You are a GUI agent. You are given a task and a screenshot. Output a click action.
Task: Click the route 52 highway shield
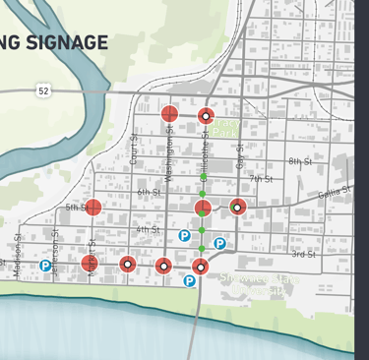pyautogui.click(x=44, y=90)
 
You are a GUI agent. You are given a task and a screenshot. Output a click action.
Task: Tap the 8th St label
pyautogui.click(x=299, y=160)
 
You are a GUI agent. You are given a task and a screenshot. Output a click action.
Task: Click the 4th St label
pyautogui.click(x=148, y=229)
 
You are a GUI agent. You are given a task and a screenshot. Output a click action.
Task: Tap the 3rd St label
pyautogui.click(x=303, y=254)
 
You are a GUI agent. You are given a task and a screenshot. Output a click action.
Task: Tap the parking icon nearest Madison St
pyautogui.click(x=45, y=266)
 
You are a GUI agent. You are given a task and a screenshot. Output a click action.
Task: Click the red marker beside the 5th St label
pyautogui.click(x=93, y=208)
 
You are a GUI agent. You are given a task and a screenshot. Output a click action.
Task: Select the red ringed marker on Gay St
pyautogui.click(x=237, y=208)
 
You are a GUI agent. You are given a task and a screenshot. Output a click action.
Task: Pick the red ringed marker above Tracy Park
pyautogui.click(x=206, y=116)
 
